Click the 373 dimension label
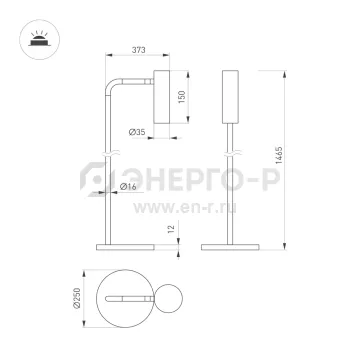click(139, 50)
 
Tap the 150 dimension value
click(182, 97)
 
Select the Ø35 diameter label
click(137, 132)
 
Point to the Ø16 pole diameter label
click(128, 187)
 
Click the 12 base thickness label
click(171, 229)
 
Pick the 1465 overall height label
click(279, 155)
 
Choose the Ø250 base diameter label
click(77, 298)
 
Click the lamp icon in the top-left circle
click(40, 40)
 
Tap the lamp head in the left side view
click(162, 97)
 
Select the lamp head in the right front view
click(230, 97)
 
